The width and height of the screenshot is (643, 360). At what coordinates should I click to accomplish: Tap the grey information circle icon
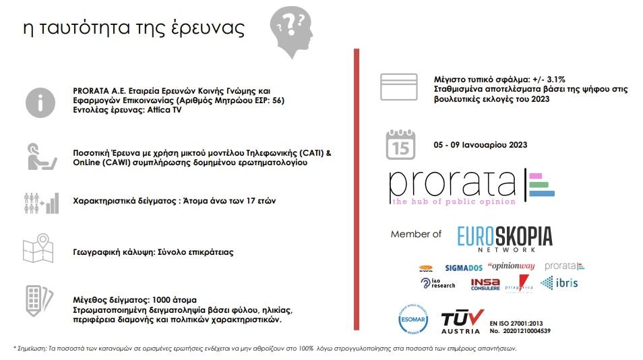(x=40, y=102)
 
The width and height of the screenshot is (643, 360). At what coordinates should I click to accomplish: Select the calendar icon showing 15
(x=400, y=144)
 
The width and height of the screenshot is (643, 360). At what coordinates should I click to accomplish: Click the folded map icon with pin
(x=38, y=249)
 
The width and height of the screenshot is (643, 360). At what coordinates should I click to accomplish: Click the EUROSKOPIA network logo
(x=505, y=238)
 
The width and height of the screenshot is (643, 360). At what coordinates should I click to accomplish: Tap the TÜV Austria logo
(x=462, y=322)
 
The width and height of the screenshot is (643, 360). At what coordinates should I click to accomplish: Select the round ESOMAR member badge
(x=413, y=320)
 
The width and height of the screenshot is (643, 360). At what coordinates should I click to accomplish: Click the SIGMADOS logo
(x=463, y=267)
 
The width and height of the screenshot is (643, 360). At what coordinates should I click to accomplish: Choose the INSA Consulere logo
(x=486, y=284)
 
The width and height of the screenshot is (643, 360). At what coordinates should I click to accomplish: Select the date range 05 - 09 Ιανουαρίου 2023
(x=480, y=145)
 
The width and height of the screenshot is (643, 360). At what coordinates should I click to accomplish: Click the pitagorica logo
(x=520, y=283)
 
